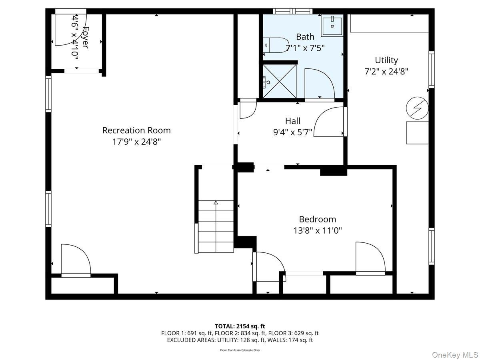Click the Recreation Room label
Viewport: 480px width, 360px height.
pyautogui.click(x=136, y=130)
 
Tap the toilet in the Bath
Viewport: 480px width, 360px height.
pyautogui.click(x=276, y=45)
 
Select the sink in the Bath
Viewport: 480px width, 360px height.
pyautogui.click(x=332, y=25)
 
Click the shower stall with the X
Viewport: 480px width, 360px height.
pyautogui.click(x=280, y=81)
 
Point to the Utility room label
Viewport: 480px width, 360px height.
pyautogui.click(x=386, y=60)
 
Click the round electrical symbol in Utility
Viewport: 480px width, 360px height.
pyautogui.click(x=417, y=108)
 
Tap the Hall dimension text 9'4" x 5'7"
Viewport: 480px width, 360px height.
pyautogui.click(x=292, y=132)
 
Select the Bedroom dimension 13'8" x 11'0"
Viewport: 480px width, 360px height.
pyautogui.click(x=317, y=230)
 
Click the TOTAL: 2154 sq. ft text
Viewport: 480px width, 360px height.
pyautogui.click(x=240, y=326)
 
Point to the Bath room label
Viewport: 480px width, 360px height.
pyautogui.click(x=305, y=37)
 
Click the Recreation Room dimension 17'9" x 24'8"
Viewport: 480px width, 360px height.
pyautogui.click(x=136, y=142)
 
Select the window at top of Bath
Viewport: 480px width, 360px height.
pyautogui.click(x=292, y=11)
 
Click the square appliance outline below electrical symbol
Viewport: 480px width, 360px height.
pyautogui.click(x=417, y=133)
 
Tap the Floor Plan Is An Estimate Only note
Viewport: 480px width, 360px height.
pyautogui.click(x=240, y=350)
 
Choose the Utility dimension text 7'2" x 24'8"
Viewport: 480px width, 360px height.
pyautogui.click(x=386, y=72)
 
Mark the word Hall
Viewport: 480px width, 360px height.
pyautogui.click(x=292, y=121)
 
